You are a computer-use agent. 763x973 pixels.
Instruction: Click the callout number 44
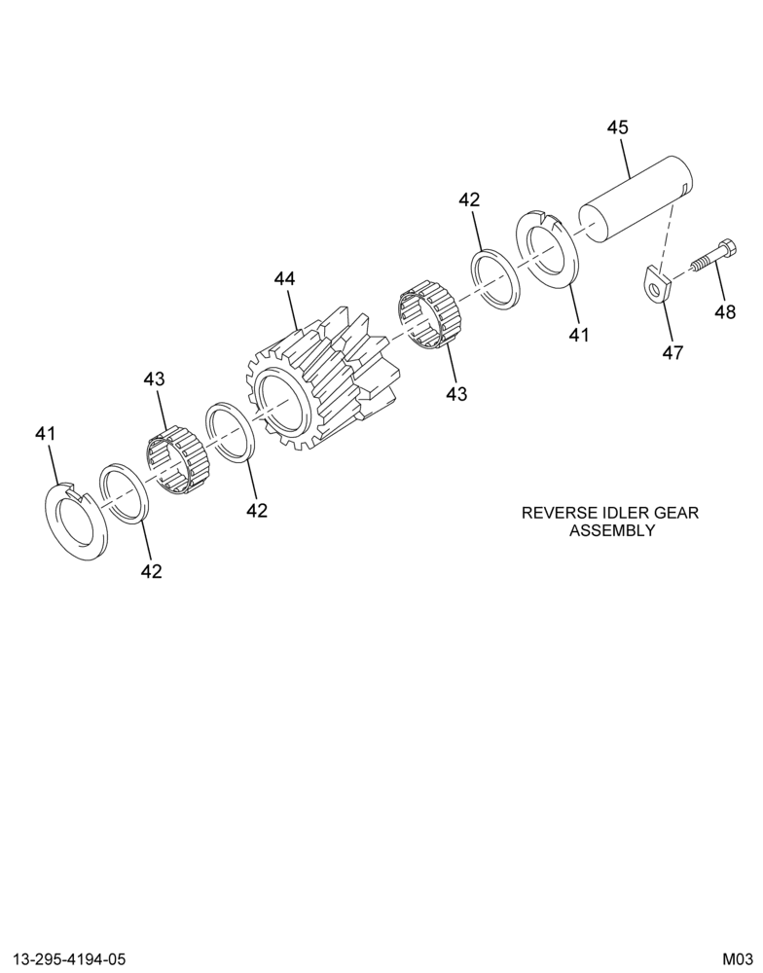tap(285, 279)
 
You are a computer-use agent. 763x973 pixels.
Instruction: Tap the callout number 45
tap(618, 127)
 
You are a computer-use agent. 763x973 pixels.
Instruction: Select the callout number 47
tap(673, 353)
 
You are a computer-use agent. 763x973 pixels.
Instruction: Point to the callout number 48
tap(725, 311)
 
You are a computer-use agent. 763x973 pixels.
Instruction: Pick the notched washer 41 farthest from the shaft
tap(78, 521)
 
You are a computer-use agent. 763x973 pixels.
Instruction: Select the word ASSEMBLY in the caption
tap(612, 530)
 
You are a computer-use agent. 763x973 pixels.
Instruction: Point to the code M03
tap(737, 959)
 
